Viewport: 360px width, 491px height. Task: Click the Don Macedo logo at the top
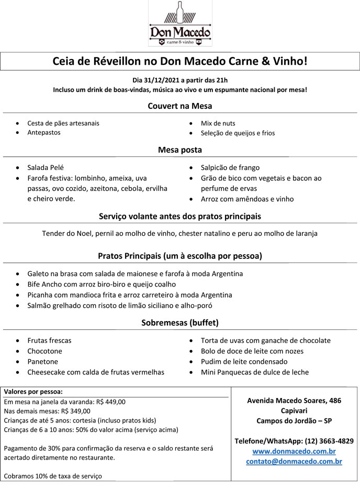180,24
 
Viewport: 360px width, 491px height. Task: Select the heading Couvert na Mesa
179,106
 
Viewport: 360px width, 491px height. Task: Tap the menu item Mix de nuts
218,123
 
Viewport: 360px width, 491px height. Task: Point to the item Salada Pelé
46,168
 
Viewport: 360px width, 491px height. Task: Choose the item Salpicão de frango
230,168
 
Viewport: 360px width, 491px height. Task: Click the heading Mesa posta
179,150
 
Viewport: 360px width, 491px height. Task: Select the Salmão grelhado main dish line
120,305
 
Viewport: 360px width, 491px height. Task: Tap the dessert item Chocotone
44,351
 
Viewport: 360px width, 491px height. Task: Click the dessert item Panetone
43,362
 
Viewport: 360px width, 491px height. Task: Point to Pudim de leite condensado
244,362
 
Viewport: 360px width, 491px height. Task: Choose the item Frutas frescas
49,340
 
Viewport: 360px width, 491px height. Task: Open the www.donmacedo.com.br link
294,451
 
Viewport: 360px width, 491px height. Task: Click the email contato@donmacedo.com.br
294,461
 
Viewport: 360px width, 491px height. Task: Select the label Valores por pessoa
33,391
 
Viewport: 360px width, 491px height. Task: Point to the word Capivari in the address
294,410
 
